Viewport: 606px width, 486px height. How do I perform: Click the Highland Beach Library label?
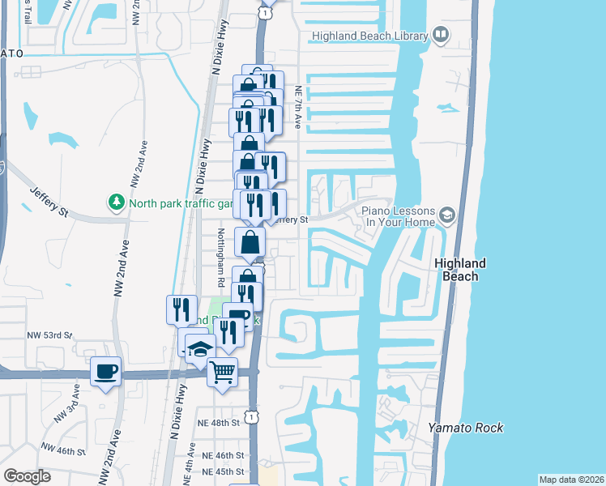click(370, 36)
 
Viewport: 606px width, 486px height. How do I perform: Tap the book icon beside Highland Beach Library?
click(441, 35)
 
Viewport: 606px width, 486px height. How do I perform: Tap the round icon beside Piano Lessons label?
click(447, 215)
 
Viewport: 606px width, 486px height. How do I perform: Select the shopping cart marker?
click(222, 372)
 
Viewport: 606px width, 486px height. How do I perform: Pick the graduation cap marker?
click(200, 349)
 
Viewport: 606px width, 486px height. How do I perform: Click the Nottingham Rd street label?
click(220, 258)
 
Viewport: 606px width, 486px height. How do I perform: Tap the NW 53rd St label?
click(50, 335)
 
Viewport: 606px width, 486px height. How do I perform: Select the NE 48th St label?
click(220, 423)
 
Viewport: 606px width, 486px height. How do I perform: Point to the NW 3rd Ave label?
click(67, 411)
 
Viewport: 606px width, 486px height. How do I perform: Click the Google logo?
click(27, 475)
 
